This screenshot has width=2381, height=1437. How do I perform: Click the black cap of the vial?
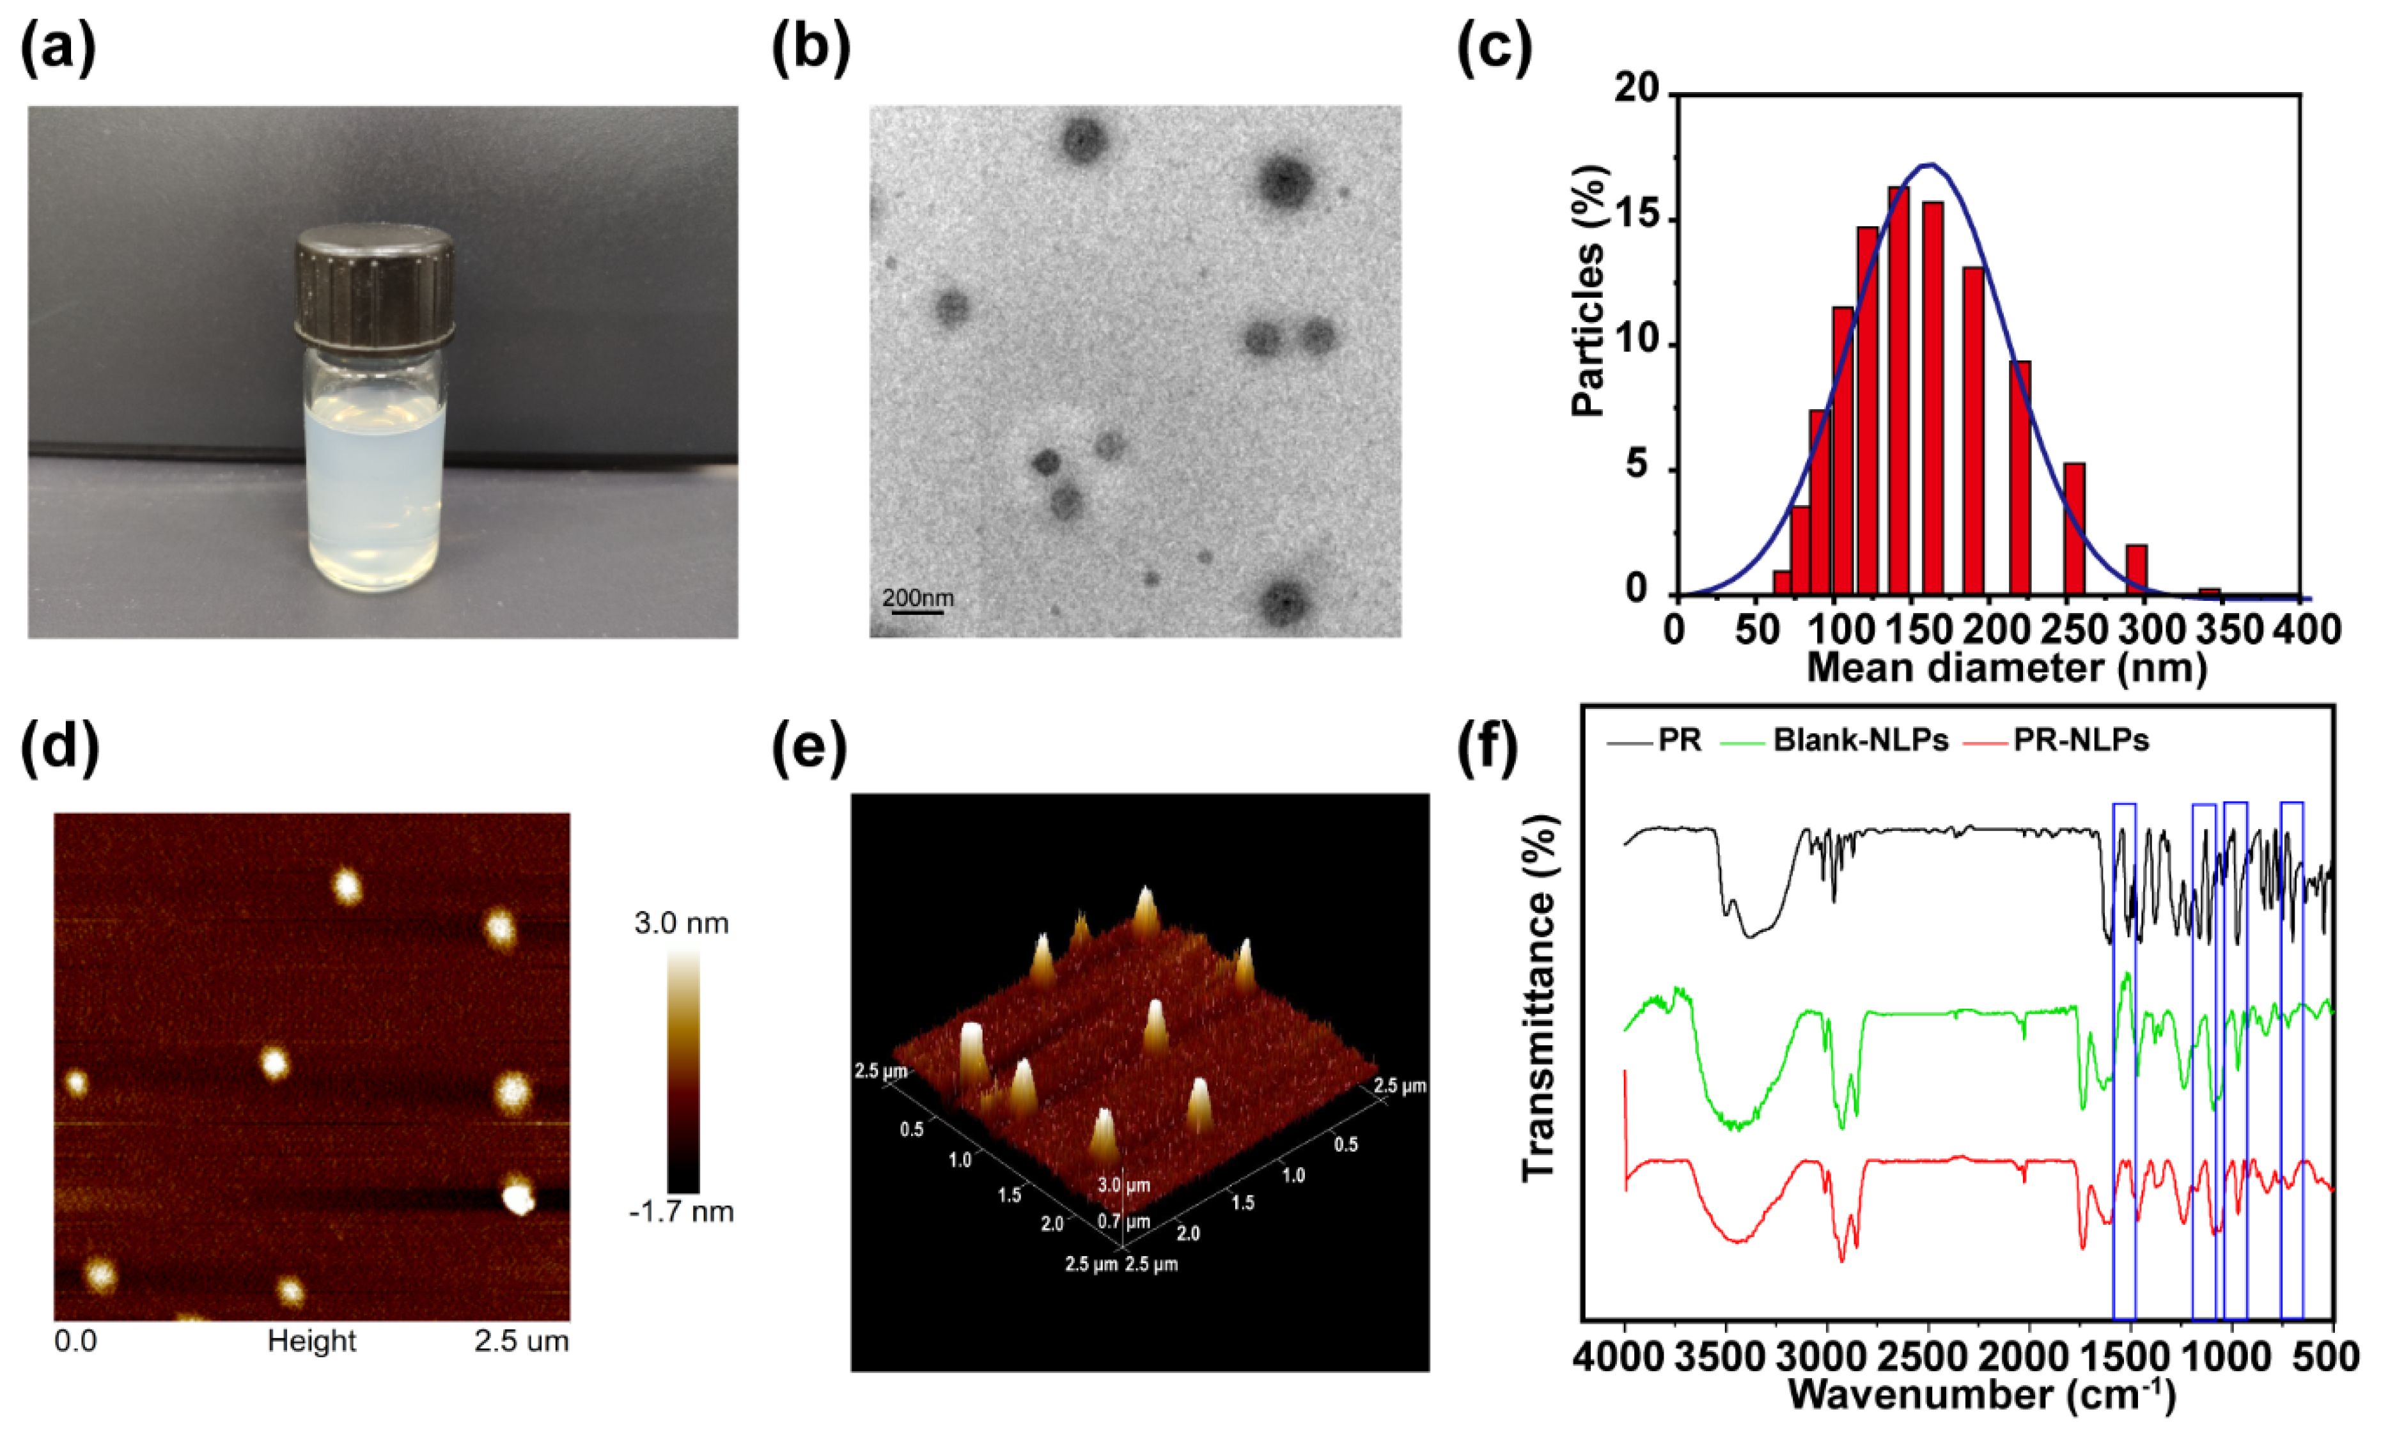(374, 287)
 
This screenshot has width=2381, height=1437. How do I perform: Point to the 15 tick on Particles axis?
(1640, 217)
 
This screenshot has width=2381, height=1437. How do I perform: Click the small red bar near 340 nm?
(2209, 591)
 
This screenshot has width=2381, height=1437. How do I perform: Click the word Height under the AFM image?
(311, 1341)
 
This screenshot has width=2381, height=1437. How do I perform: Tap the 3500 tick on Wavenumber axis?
(1725, 1357)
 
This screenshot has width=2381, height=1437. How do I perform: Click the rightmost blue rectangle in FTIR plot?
(2292, 1060)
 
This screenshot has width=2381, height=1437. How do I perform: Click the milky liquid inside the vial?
(375, 493)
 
